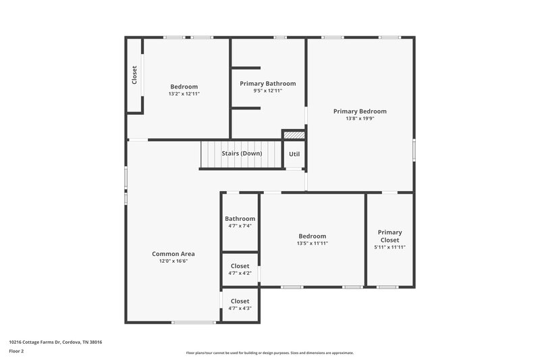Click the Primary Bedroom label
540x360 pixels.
(360, 111)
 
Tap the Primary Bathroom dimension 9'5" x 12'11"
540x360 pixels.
(268, 91)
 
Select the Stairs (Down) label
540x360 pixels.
(242, 153)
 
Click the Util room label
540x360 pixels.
(294, 154)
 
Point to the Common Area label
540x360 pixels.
(173, 254)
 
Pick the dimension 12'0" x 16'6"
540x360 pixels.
(173, 261)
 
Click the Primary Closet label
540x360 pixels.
(389, 236)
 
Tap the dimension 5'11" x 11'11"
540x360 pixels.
(389, 247)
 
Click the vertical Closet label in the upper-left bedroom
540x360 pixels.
(134, 75)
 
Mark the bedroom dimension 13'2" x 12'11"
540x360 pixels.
(184, 94)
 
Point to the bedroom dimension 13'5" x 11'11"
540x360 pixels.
(312, 243)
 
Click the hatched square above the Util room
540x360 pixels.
(294, 135)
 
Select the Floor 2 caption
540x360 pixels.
(17, 351)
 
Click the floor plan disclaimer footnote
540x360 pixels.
(269, 353)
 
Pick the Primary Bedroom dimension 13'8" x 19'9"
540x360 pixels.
(360, 118)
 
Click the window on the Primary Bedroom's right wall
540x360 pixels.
(414, 149)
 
